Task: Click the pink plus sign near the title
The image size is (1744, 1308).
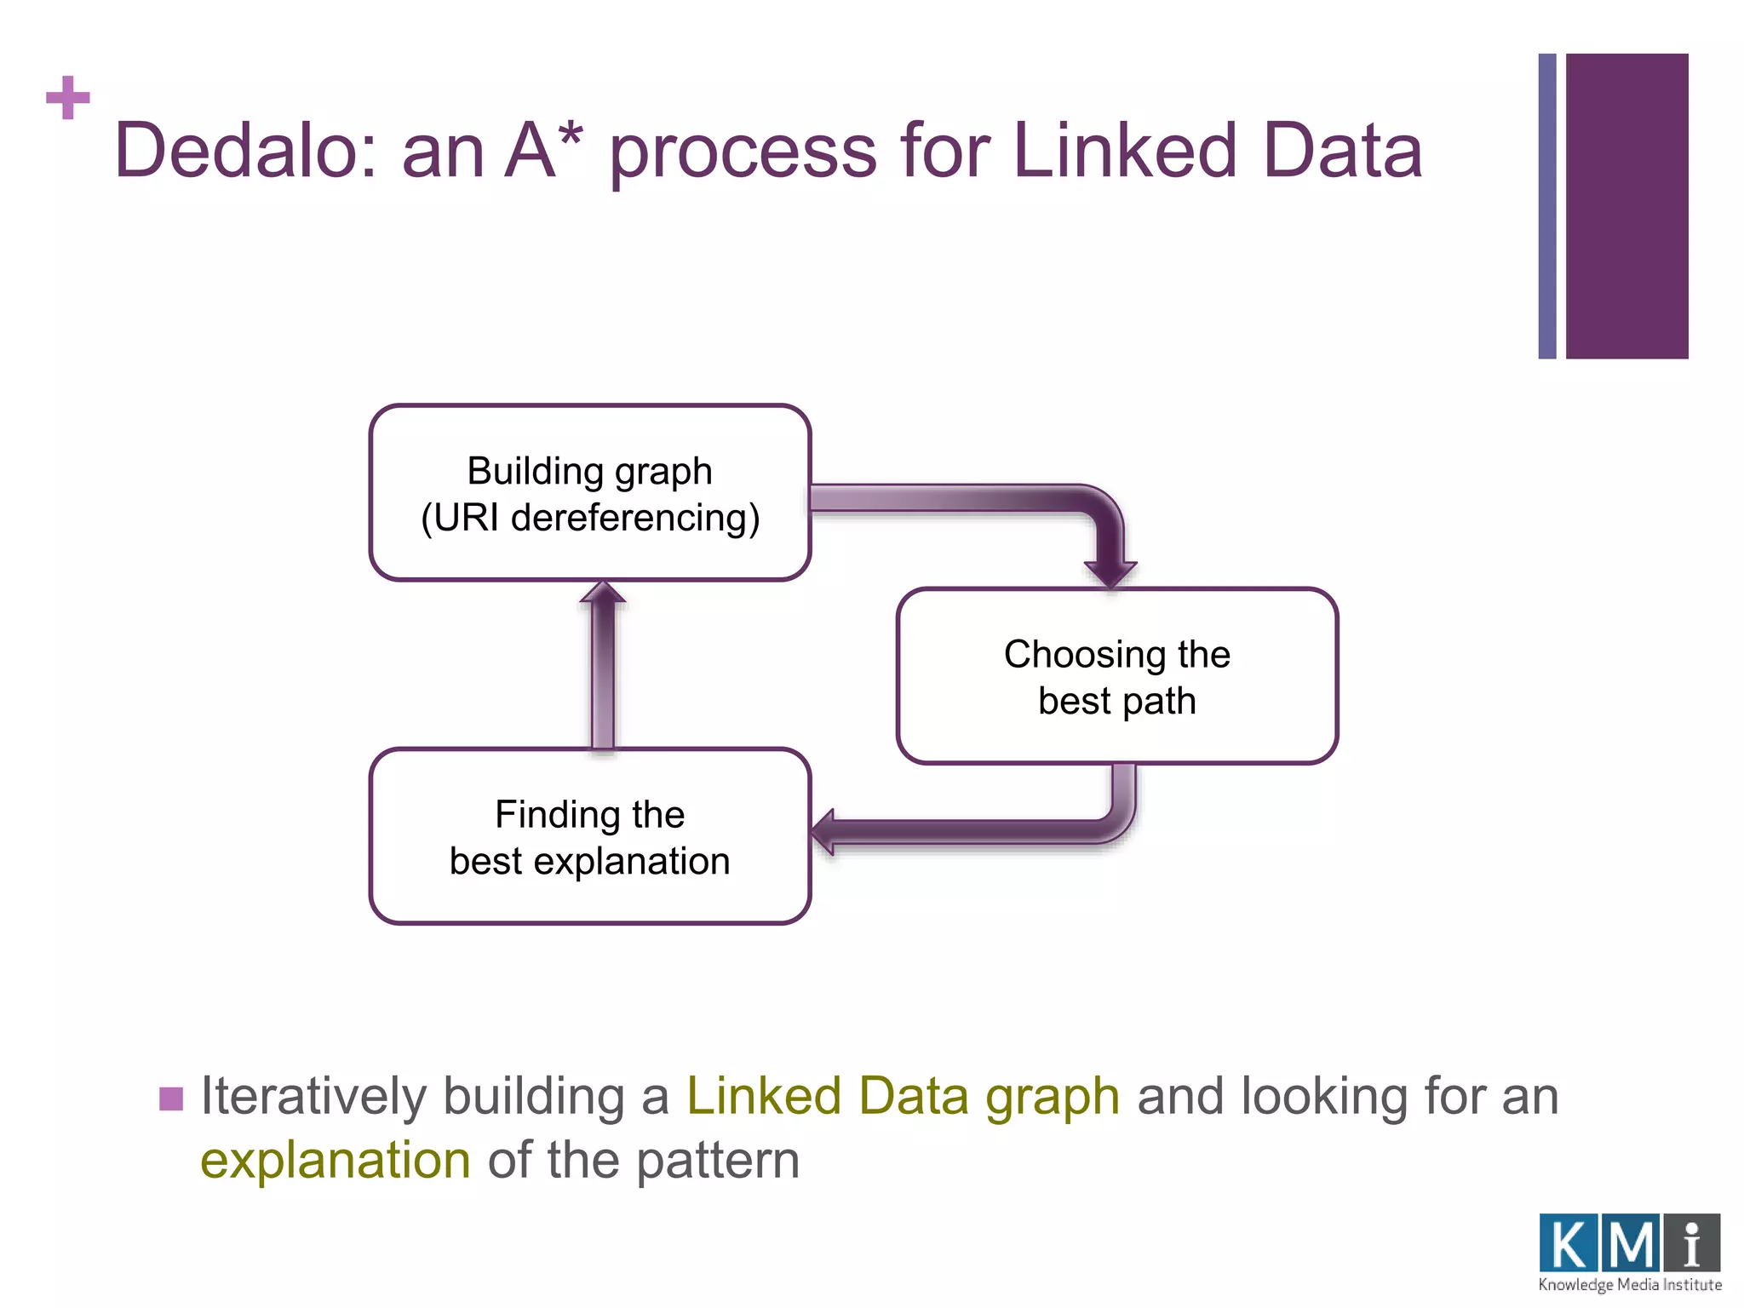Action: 67,98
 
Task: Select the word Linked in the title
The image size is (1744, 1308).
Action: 1123,151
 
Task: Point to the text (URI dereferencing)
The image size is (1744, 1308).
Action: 589,518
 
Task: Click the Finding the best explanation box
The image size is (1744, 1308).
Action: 589,837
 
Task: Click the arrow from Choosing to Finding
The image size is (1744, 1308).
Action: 979,831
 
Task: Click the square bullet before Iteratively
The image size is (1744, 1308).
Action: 171,1099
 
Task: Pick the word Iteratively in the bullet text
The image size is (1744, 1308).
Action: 312,1096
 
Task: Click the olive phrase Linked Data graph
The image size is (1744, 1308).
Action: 903,1096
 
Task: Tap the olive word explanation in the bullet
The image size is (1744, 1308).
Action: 335,1160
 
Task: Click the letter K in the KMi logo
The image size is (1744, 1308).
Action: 1568,1244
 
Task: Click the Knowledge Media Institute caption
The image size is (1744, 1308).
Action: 1629,1285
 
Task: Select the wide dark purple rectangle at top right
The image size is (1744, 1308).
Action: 1626,205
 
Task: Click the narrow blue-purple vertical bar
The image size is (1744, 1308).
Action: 1547,205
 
